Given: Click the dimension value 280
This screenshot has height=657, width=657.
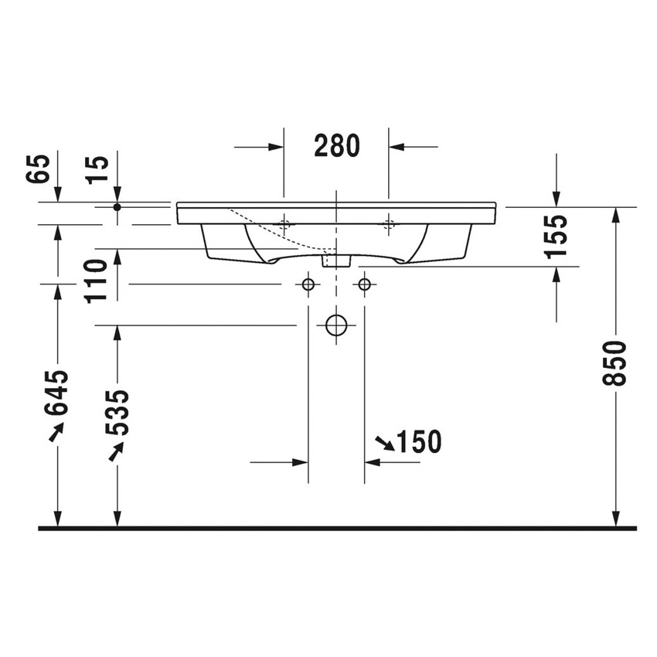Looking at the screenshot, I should [x=337, y=145].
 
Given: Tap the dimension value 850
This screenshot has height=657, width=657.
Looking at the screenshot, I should [x=617, y=363].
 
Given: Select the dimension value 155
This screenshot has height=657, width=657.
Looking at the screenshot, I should [x=557, y=235].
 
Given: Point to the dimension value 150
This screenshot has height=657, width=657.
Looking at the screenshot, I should [x=418, y=442].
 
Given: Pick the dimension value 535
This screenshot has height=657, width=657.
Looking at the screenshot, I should [x=117, y=414].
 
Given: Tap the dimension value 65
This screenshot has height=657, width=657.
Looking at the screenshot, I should [x=40, y=168].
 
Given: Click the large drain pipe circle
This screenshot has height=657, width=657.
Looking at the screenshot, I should [x=336, y=325].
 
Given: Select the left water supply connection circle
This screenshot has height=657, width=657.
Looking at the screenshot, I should [x=308, y=284].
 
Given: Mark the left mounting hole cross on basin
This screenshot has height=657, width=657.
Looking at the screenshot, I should [x=284, y=225].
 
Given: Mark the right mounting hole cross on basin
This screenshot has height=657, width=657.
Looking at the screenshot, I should [x=389, y=225].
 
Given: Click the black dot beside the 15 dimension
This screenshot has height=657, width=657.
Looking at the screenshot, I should [x=117, y=207].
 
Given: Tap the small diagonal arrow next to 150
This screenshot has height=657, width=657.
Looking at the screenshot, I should [x=383, y=442].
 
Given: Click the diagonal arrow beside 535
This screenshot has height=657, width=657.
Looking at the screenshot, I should [x=116, y=451].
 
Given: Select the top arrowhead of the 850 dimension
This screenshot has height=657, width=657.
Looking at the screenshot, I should [x=616, y=214].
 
